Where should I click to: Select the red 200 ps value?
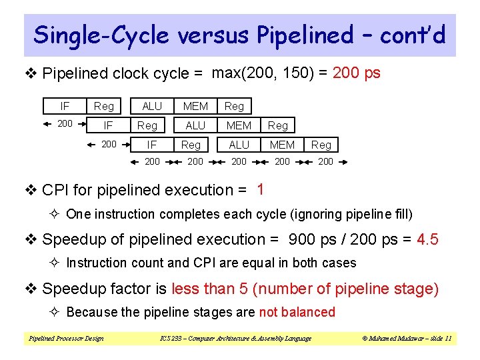pyautogui.click(x=356, y=73)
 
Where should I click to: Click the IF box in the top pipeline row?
pyautogui.click(x=65, y=106)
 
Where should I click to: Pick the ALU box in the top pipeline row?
pyautogui.click(x=152, y=106)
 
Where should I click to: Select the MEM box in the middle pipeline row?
pyautogui.click(x=239, y=125)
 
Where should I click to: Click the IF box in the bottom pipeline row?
pyautogui.click(x=152, y=145)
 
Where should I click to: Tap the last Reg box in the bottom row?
pyautogui.click(x=321, y=145)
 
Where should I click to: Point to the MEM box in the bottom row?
pyautogui.click(x=282, y=145)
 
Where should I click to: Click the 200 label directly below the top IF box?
pyautogui.click(x=65, y=124)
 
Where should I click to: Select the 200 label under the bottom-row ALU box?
pyautogui.click(x=239, y=162)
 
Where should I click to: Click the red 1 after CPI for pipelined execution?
pyautogui.click(x=260, y=190)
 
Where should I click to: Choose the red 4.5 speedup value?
pyautogui.click(x=427, y=239)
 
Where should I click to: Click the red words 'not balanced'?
pyautogui.click(x=297, y=312)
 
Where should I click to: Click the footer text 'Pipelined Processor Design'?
pyautogui.click(x=66, y=339)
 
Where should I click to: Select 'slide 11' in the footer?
pyautogui.click(x=438, y=339)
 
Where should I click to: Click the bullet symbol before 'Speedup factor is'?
pyautogui.click(x=29, y=289)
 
